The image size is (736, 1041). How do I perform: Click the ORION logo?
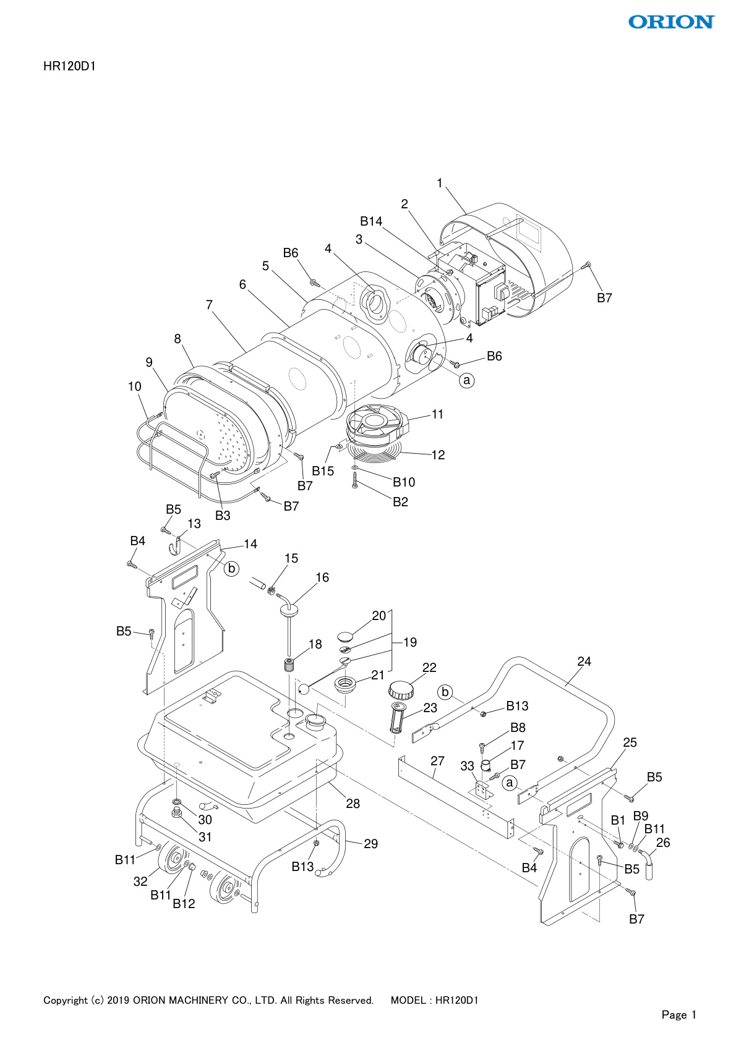671,22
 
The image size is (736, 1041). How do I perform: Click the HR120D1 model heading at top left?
69,66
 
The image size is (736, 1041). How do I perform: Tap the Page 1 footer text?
678,1014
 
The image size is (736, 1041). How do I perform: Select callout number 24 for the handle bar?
584,661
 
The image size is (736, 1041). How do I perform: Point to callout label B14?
371,221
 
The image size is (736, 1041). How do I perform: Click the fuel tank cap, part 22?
400,690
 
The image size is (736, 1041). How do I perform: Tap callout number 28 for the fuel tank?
353,804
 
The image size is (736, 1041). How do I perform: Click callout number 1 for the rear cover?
440,183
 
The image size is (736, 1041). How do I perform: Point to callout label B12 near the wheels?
184,903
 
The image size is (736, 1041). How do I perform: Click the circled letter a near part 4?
467,380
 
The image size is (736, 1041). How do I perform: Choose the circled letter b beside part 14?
231,568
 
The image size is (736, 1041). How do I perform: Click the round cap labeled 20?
346,635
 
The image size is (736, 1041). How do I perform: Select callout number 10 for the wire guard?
134,386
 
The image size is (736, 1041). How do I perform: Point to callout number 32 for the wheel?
140,882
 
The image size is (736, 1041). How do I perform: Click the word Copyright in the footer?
65,1000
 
